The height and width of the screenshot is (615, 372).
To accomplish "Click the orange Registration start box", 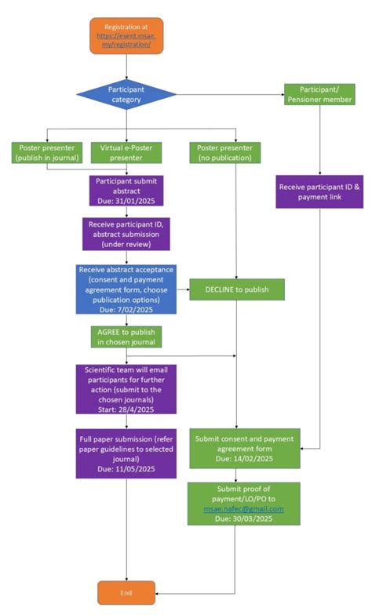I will pyautogui.click(x=126, y=35).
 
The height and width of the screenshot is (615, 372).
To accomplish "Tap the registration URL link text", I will pyautogui.click(x=126, y=41).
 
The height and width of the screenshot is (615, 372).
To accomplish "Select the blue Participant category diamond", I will pyautogui.click(x=126, y=95).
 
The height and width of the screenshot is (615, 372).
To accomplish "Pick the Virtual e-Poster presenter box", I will pyautogui.click(x=126, y=152).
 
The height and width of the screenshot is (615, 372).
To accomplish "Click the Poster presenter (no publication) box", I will pyautogui.click(x=225, y=152).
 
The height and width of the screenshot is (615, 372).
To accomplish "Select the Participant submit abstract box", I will pyautogui.click(x=126, y=189).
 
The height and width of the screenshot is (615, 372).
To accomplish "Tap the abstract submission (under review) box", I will pyautogui.click(x=126, y=234).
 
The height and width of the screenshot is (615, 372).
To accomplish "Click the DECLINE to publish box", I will pyautogui.click(x=235, y=289).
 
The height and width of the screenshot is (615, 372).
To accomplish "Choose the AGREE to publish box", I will pyautogui.click(x=126, y=337).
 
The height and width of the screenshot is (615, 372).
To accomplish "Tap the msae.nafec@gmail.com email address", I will pyautogui.click(x=235, y=509).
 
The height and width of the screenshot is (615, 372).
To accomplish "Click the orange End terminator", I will pyautogui.click(x=126, y=592).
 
